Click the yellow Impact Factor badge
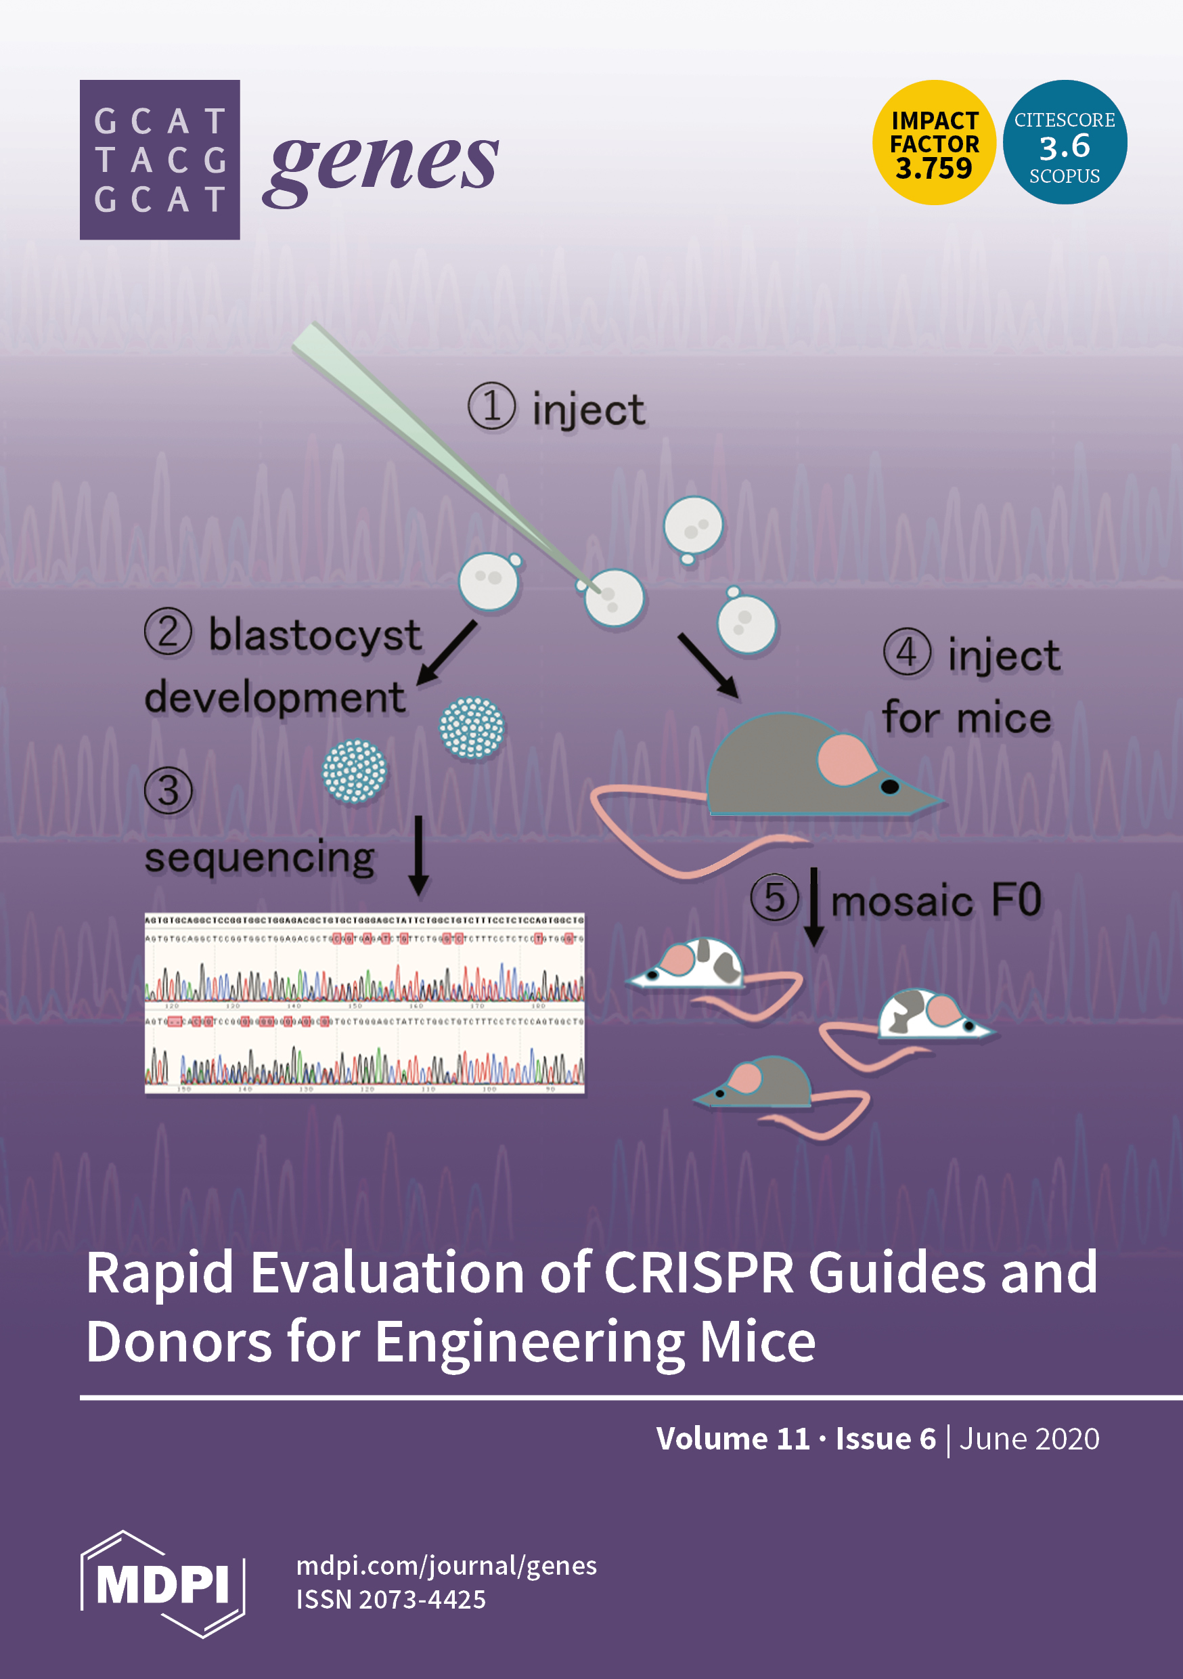click(x=934, y=143)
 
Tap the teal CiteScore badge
click(x=1064, y=143)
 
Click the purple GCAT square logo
click(x=160, y=159)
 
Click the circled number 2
click(x=168, y=632)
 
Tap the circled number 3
click(x=168, y=791)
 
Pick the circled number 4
click(x=907, y=652)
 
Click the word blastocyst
click(x=315, y=635)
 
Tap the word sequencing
click(x=260, y=857)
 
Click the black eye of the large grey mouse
click(x=890, y=787)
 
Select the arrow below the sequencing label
click(x=418, y=856)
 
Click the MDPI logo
click(x=162, y=1584)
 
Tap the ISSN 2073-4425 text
click(x=390, y=1600)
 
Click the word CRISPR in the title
click(x=698, y=1272)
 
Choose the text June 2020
click(x=1029, y=1439)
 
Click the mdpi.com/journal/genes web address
click(x=446, y=1566)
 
